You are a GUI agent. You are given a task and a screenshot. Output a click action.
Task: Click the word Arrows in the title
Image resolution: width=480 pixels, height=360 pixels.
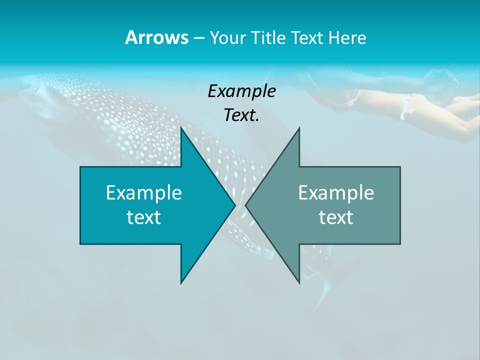156,37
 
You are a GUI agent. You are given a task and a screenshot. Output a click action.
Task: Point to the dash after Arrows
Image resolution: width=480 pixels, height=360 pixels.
198,38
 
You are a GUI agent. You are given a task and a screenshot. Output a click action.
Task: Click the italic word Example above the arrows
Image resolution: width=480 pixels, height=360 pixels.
241,91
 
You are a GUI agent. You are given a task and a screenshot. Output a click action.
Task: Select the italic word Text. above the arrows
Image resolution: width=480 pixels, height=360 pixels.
241,115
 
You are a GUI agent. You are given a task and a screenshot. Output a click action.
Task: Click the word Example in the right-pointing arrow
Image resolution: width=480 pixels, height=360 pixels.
144,192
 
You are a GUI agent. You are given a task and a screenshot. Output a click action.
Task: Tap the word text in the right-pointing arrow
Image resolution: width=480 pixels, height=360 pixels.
144,217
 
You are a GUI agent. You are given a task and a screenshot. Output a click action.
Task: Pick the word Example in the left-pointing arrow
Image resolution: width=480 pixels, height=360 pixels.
336,192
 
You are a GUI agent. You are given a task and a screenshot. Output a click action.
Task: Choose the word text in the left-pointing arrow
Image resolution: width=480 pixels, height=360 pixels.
336,217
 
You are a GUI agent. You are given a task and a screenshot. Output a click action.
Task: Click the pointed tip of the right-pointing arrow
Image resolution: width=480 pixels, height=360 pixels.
234,205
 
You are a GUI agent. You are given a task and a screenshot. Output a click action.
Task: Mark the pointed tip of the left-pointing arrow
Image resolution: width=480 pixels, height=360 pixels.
246,205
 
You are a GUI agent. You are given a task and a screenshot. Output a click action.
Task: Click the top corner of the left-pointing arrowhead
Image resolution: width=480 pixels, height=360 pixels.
299,128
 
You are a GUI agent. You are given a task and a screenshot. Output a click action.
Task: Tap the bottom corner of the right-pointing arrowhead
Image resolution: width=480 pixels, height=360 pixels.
181,282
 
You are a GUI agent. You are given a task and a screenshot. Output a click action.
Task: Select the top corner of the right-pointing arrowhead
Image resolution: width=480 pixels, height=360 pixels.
181,128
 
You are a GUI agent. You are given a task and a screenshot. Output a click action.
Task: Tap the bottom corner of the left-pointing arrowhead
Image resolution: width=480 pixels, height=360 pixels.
299,282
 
